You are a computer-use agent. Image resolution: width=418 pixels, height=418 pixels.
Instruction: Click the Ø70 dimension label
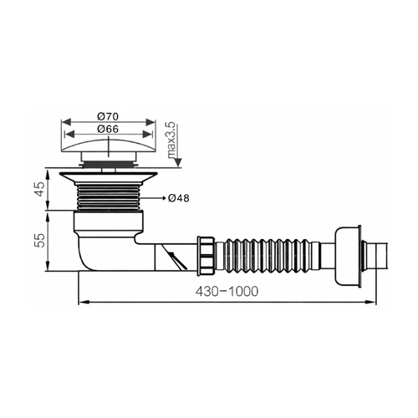point(108,116)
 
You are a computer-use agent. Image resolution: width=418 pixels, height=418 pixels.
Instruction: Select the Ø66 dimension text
point(108,129)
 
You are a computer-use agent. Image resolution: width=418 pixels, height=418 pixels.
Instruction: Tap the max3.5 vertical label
point(171,141)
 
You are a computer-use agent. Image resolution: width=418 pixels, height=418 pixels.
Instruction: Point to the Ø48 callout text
point(179,198)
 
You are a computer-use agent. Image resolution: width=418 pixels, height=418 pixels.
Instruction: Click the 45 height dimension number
point(40,189)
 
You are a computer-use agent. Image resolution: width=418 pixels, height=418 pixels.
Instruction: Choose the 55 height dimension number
point(40,241)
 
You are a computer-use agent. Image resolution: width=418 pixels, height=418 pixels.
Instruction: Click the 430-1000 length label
point(227,292)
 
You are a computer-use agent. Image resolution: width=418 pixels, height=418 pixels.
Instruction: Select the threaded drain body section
point(109,197)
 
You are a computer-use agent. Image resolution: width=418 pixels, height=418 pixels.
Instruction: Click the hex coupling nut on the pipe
point(206,256)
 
